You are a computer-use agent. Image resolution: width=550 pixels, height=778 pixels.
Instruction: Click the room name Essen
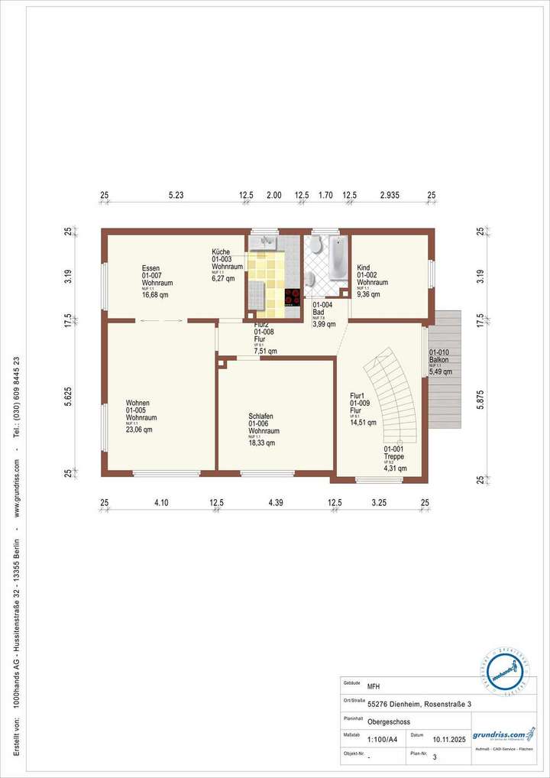coord(150,268)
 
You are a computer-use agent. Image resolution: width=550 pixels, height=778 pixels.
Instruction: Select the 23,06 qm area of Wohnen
coord(139,430)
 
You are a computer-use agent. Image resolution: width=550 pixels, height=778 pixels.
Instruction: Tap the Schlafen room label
coord(260,417)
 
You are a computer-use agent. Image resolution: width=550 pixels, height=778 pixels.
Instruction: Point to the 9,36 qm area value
coord(369,293)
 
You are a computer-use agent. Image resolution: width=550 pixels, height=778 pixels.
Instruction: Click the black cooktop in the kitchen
coord(292,297)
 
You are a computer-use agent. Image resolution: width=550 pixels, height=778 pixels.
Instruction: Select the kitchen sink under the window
coord(267,242)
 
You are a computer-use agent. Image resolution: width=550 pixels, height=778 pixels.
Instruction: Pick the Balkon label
coord(439,359)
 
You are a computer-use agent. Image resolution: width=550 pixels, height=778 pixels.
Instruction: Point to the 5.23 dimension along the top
coord(176,196)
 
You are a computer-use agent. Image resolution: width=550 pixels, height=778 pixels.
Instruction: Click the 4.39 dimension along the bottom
coord(276,502)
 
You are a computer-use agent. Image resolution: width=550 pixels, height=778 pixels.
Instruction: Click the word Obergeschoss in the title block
coord(389,721)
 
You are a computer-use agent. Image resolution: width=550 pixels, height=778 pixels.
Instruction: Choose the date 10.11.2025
coord(449,740)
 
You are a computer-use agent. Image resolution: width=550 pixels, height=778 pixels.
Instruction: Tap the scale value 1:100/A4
coord(383,740)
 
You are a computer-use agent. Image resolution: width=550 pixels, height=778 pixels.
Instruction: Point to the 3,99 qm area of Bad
coord(324,325)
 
